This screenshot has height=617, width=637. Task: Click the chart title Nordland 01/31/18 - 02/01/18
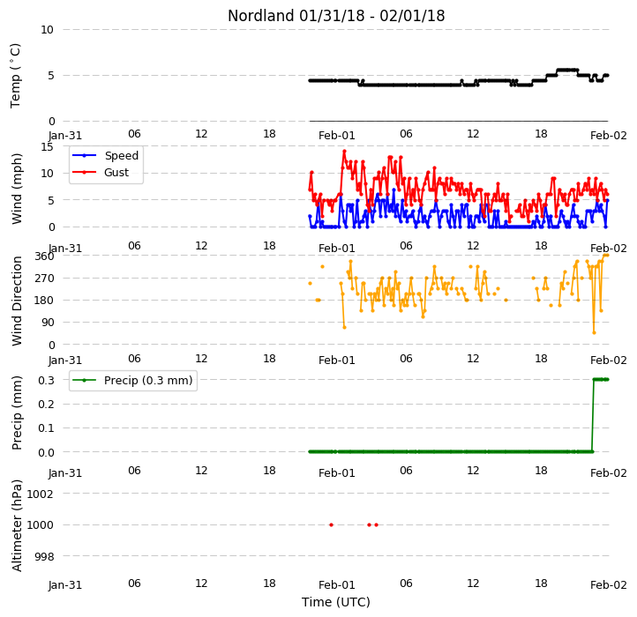pos(336,16)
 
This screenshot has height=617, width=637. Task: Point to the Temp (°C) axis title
pos(15,76)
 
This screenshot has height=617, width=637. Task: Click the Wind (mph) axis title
pos(17,189)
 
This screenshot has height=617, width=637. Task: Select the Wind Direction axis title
pos(17,301)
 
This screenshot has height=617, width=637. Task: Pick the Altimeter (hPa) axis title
pos(17,525)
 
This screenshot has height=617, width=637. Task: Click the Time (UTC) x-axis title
pos(336,602)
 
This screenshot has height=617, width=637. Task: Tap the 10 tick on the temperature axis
pos(47,30)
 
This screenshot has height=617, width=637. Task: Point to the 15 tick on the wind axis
pos(47,147)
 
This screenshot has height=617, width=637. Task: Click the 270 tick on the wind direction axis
pos(44,279)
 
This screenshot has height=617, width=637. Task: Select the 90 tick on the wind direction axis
pos(48,323)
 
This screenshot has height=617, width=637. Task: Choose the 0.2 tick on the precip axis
pos(46,405)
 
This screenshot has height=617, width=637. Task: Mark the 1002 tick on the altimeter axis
pos(41,494)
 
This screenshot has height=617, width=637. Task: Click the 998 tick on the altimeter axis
pos(44,556)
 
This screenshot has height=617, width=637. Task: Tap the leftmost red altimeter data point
pos(331,524)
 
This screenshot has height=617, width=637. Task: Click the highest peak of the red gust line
pos(344,152)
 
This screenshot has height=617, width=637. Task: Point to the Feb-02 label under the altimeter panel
pos(608,585)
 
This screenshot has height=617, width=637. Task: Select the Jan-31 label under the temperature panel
pos(65,136)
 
